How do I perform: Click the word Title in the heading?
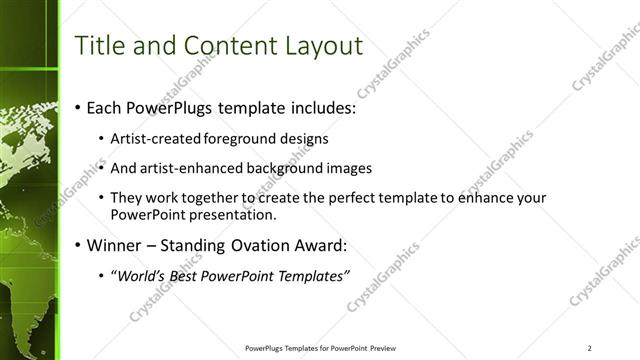pyautogui.click(x=102, y=45)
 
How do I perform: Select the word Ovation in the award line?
pyautogui.click(x=259, y=245)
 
